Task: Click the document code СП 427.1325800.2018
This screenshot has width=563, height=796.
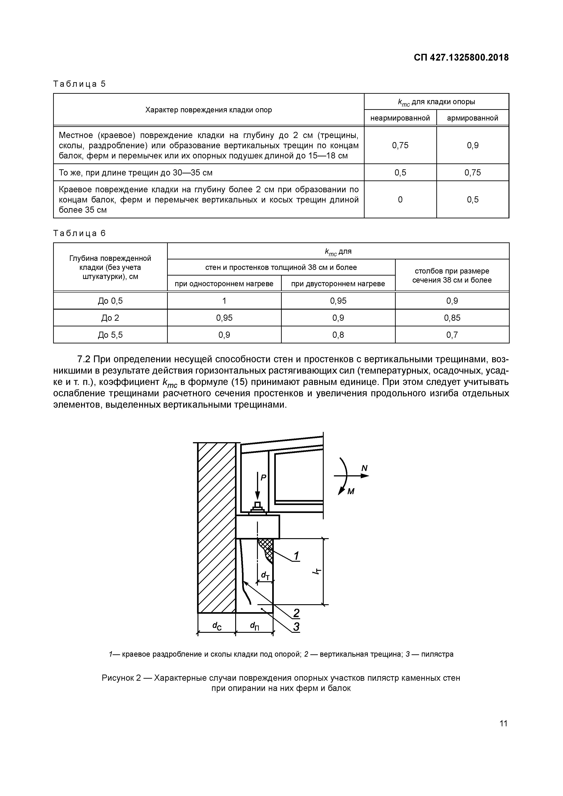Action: coord(461,58)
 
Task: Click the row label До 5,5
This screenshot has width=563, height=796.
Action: coord(110,335)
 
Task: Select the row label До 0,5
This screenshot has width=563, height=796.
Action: coord(110,301)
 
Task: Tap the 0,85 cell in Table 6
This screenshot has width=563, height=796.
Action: coord(452,318)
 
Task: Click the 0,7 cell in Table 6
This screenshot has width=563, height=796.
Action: coord(452,335)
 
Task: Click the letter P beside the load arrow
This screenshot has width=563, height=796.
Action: coord(263,478)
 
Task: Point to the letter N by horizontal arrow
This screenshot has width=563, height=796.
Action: coord(364,468)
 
